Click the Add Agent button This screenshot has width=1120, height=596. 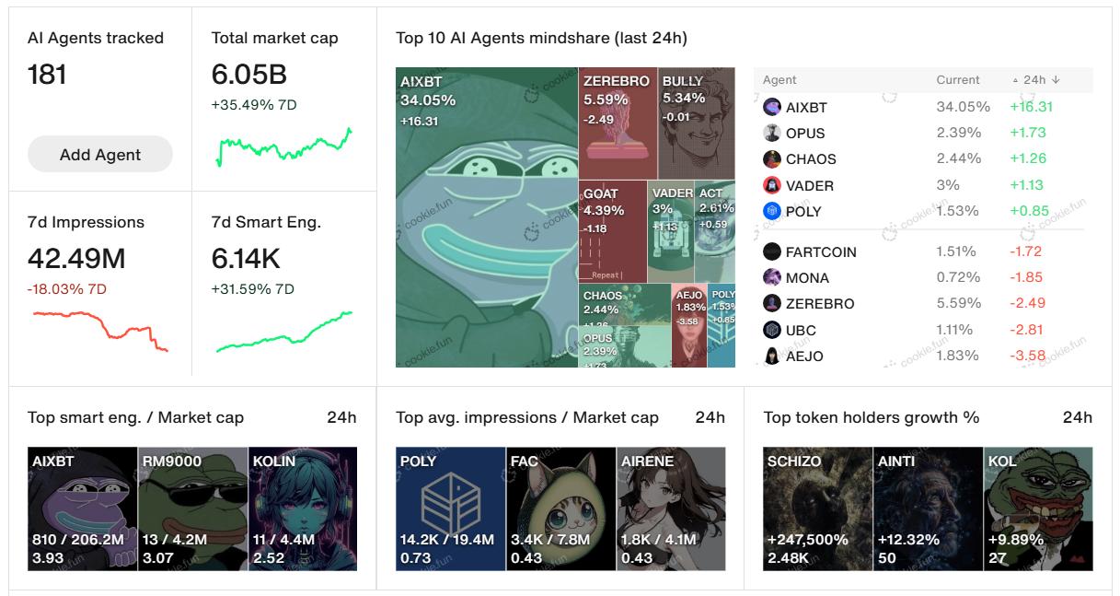pyautogui.click(x=100, y=155)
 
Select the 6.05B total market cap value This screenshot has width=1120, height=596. pyautogui.click(x=248, y=74)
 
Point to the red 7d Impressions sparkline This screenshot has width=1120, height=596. pyautogui.click(x=99, y=330)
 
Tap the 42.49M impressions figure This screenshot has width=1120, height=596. pyautogui.click(x=76, y=258)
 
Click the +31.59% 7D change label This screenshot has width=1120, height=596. pyautogui.click(x=252, y=289)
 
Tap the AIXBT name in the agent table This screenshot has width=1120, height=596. pyautogui.click(x=806, y=107)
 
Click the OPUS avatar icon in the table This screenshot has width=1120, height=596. pyautogui.click(x=772, y=133)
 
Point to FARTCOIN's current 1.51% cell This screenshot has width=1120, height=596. pyautogui.click(x=955, y=251)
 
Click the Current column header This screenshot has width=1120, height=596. pyautogui.click(x=958, y=80)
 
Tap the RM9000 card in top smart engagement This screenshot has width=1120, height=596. pyautogui.click(x=192, y=508)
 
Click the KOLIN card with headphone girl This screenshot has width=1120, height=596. pyautogui.click(x=303, y=508)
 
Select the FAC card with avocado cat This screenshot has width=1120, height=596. pyautogui.click(x=560, y=508)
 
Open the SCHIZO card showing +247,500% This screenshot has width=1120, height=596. pyautogui.click(x=817, y=508)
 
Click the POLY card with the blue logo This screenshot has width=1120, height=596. pyautogui.click(x=450, y=508)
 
